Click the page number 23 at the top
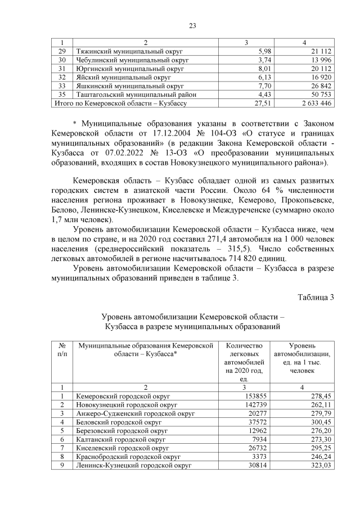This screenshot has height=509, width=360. (x=191, y=25)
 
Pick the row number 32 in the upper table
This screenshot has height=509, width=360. (x=62, y=78)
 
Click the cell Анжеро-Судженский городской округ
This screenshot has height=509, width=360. (x=135, y=413)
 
